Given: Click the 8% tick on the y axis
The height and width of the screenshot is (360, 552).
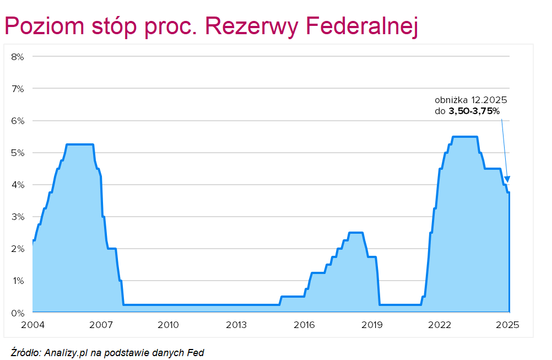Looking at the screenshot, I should tap(17, 56).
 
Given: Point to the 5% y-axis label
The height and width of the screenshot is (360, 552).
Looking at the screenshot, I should tap(17, 153).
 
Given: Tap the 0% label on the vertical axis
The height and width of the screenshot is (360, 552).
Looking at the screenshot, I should tap(17, 313).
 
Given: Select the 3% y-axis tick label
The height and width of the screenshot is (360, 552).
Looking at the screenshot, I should tap(17, 217).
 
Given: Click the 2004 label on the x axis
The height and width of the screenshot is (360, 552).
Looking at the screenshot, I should tap(33, 325).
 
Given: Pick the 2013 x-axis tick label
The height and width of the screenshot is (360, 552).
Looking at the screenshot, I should tap(236, 325).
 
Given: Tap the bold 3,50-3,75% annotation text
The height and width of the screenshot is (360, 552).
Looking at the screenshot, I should tap(475, 111).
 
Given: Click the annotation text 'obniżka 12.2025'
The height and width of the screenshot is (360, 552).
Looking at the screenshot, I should tap(470, 101).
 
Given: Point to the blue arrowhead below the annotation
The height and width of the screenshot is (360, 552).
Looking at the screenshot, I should tap(507, 179).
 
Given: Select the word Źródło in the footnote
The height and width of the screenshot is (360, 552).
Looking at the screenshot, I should tap(25, 352).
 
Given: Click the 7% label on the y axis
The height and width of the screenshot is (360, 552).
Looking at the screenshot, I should tap(17, 88).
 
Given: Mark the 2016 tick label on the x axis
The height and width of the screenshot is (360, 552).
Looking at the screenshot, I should tap(305, 325).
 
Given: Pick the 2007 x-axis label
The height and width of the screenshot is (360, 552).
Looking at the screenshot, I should tap(101, 325).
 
